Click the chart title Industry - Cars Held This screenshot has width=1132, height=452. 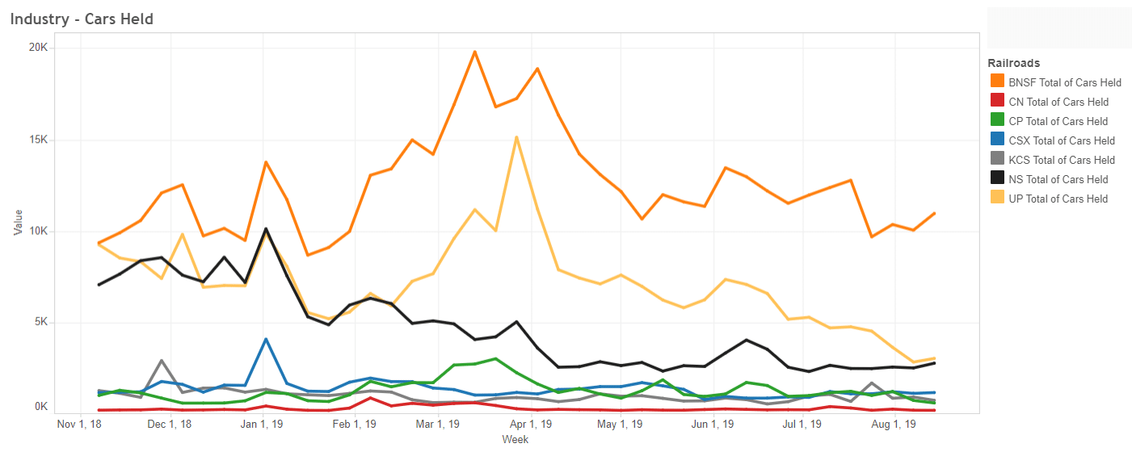point(82,19)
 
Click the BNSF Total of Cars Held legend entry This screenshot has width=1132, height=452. point(1065,82)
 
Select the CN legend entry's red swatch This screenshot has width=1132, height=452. point(998,102)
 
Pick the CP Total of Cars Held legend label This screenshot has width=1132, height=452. point(1058,121)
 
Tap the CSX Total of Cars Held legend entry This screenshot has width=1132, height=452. point(1062,140)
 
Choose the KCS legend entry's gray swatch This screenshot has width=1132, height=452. point(998,160)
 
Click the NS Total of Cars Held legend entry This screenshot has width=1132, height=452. point(1058,179)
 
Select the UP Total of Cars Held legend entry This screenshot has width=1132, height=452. point(1058,199)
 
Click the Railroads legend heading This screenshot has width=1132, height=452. point(1013,63)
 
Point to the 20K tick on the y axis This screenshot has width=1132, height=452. point(39,48)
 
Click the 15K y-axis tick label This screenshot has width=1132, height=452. point(39,140)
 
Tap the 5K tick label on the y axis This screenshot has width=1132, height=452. point(41,323)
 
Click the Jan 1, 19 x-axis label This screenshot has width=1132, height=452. point(261,424)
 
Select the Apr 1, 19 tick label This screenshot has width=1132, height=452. point(530,424)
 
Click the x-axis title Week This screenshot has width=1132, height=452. point(515,440)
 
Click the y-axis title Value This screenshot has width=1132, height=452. point(19,223)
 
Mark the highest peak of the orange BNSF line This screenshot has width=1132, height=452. point(475,52)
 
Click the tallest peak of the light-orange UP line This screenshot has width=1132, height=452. point(516,137)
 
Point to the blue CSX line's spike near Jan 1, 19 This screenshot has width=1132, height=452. point(266,339)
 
